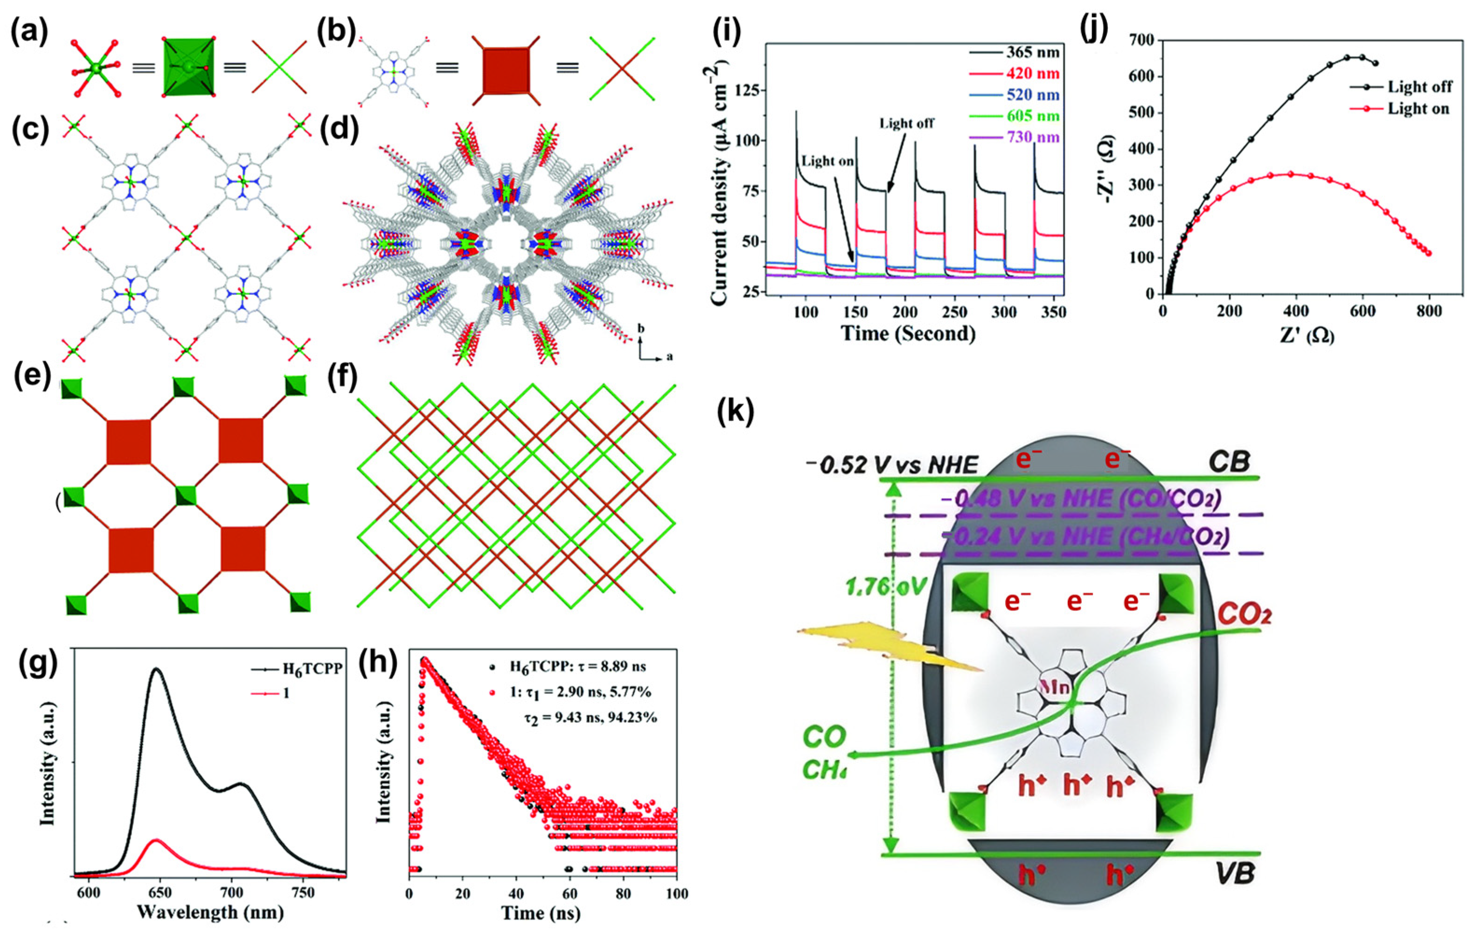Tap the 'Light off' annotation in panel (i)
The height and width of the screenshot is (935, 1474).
point(907,123)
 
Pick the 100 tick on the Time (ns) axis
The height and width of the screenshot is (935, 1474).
point(676,894)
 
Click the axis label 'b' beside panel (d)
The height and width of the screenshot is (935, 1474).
point(641,329)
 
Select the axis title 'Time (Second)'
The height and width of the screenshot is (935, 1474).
point(908,333)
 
